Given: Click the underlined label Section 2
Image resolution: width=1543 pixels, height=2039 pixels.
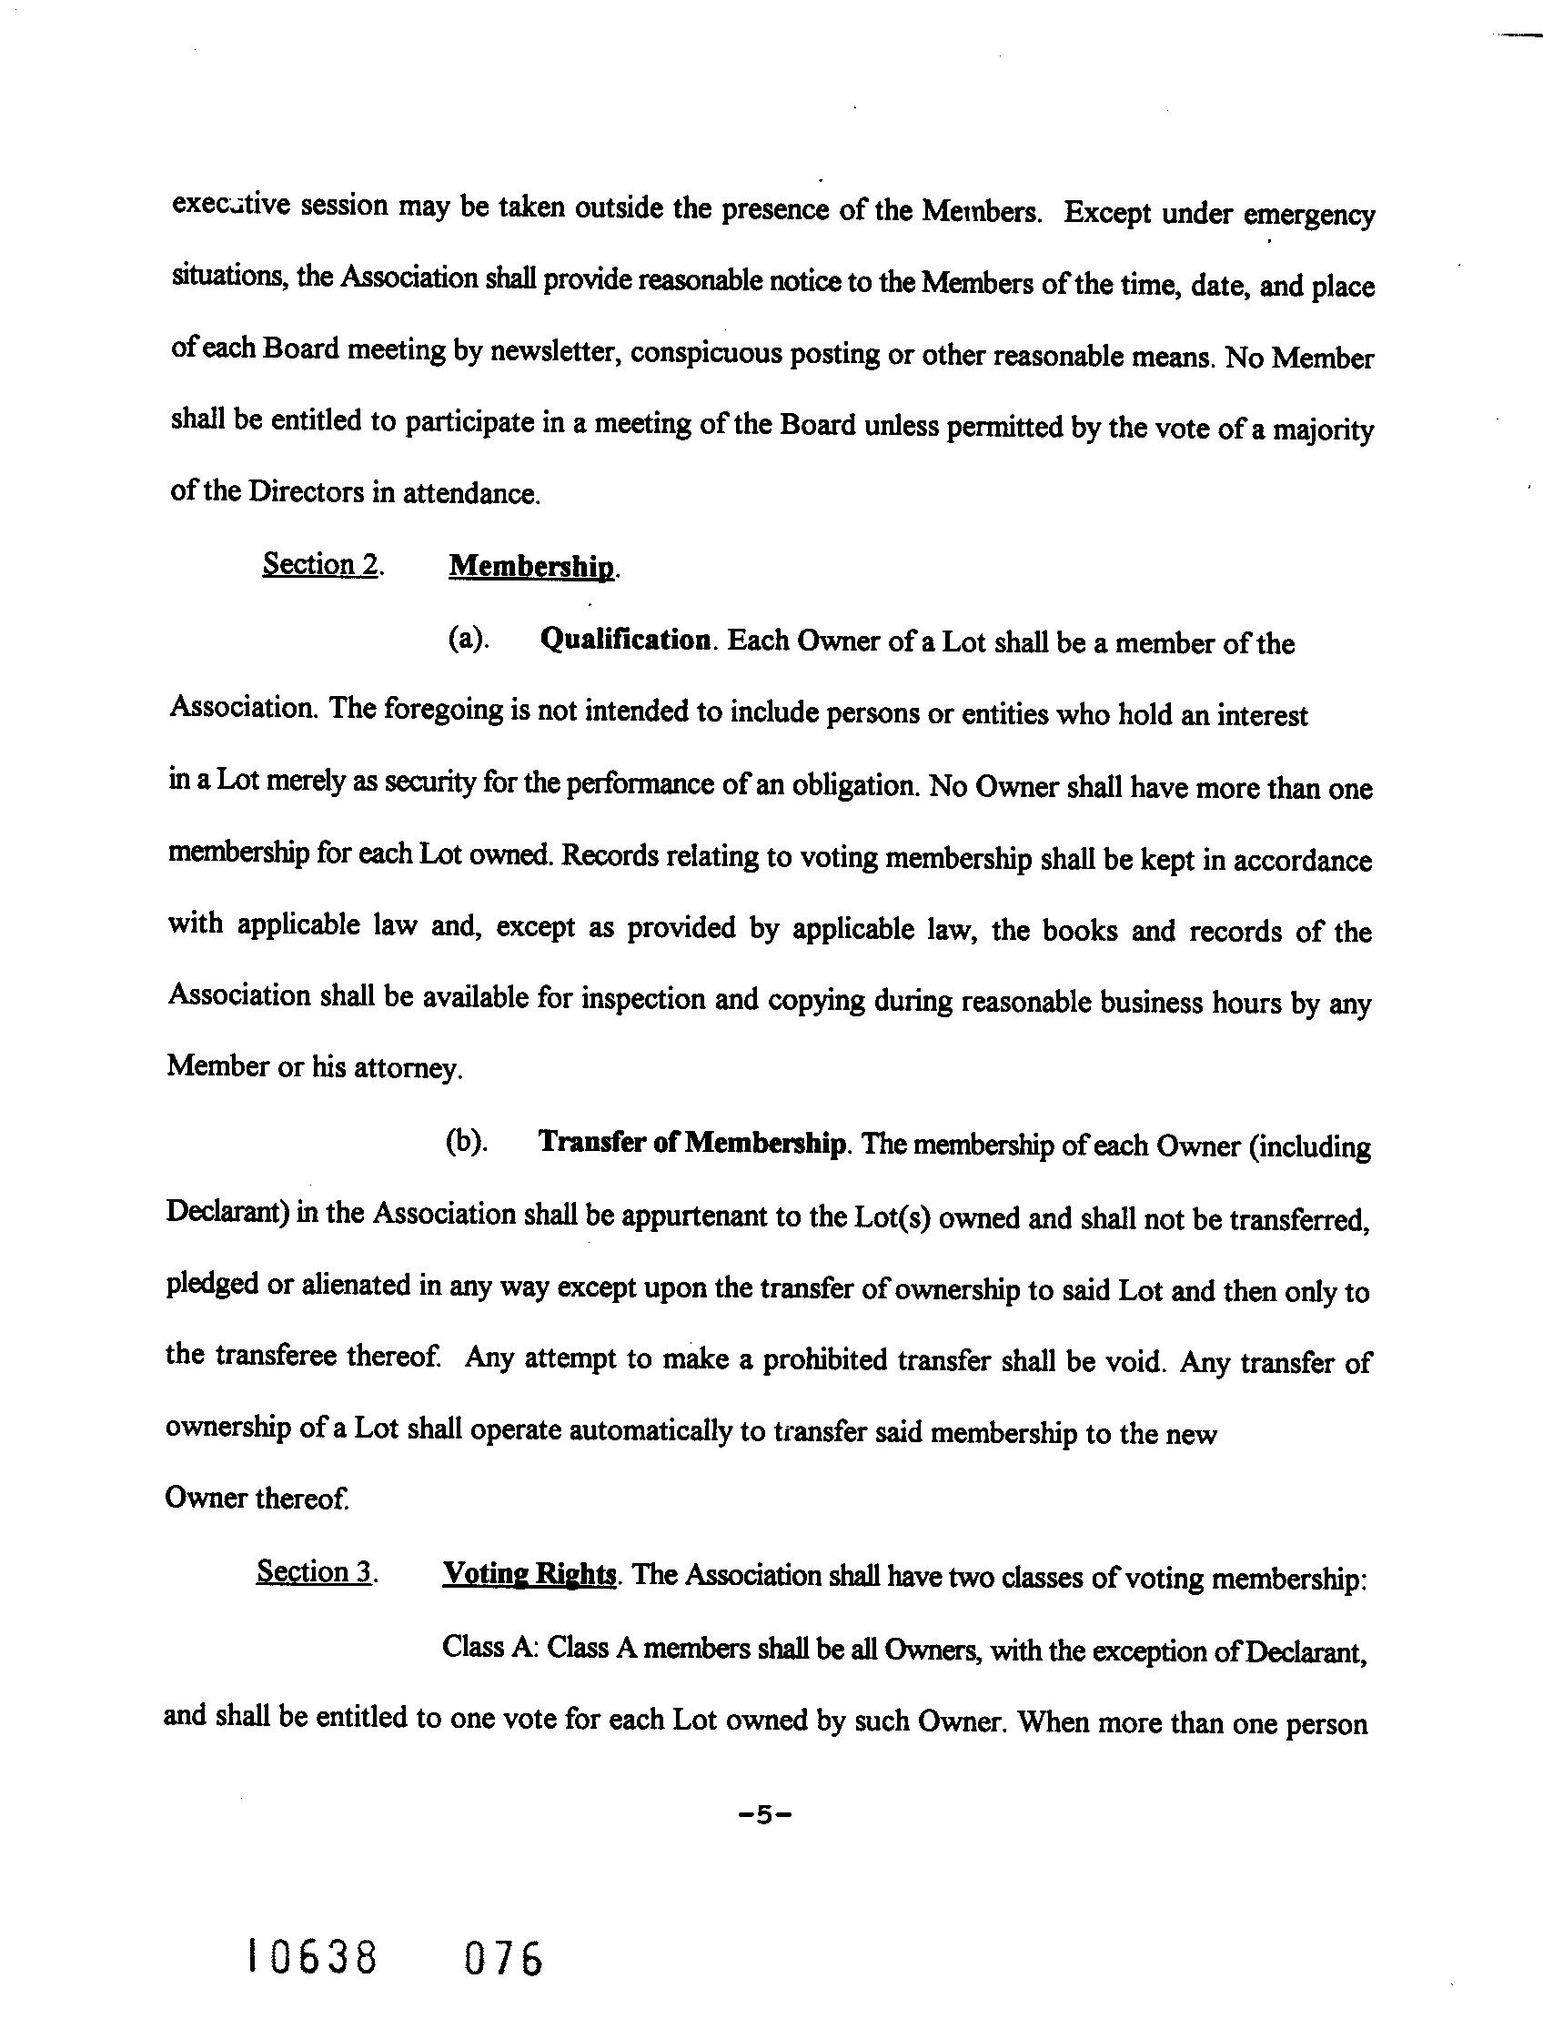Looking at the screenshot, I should pyautogui.click(x=322, y=564).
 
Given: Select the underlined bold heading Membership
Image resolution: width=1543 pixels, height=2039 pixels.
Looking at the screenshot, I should pyautogui.click(x=532, y=567).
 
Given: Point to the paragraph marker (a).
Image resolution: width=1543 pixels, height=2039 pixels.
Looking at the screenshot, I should pyautogui.click(x=468, y=639).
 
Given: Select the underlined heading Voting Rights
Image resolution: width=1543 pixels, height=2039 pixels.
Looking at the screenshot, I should pyautogui.click(x=529, y=1572).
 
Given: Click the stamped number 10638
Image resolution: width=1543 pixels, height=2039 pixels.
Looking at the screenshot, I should pyautogui.click(x=312, y=1957).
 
